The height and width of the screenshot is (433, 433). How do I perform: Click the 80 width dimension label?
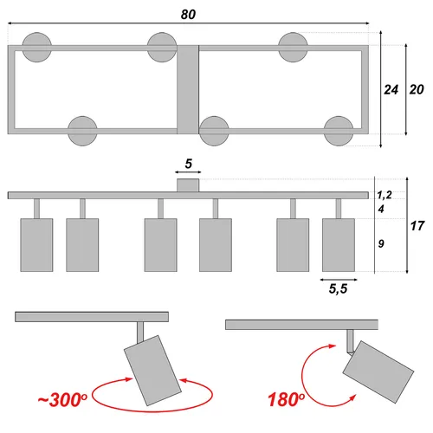[189, 15]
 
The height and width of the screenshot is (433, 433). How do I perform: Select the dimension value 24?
[391, 89]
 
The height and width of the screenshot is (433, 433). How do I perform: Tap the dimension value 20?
[417, 89]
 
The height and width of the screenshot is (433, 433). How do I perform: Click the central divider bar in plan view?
[188, 89]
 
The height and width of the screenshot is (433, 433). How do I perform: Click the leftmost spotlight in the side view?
[36, 245]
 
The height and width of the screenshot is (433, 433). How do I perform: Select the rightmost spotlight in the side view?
[339, 245]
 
